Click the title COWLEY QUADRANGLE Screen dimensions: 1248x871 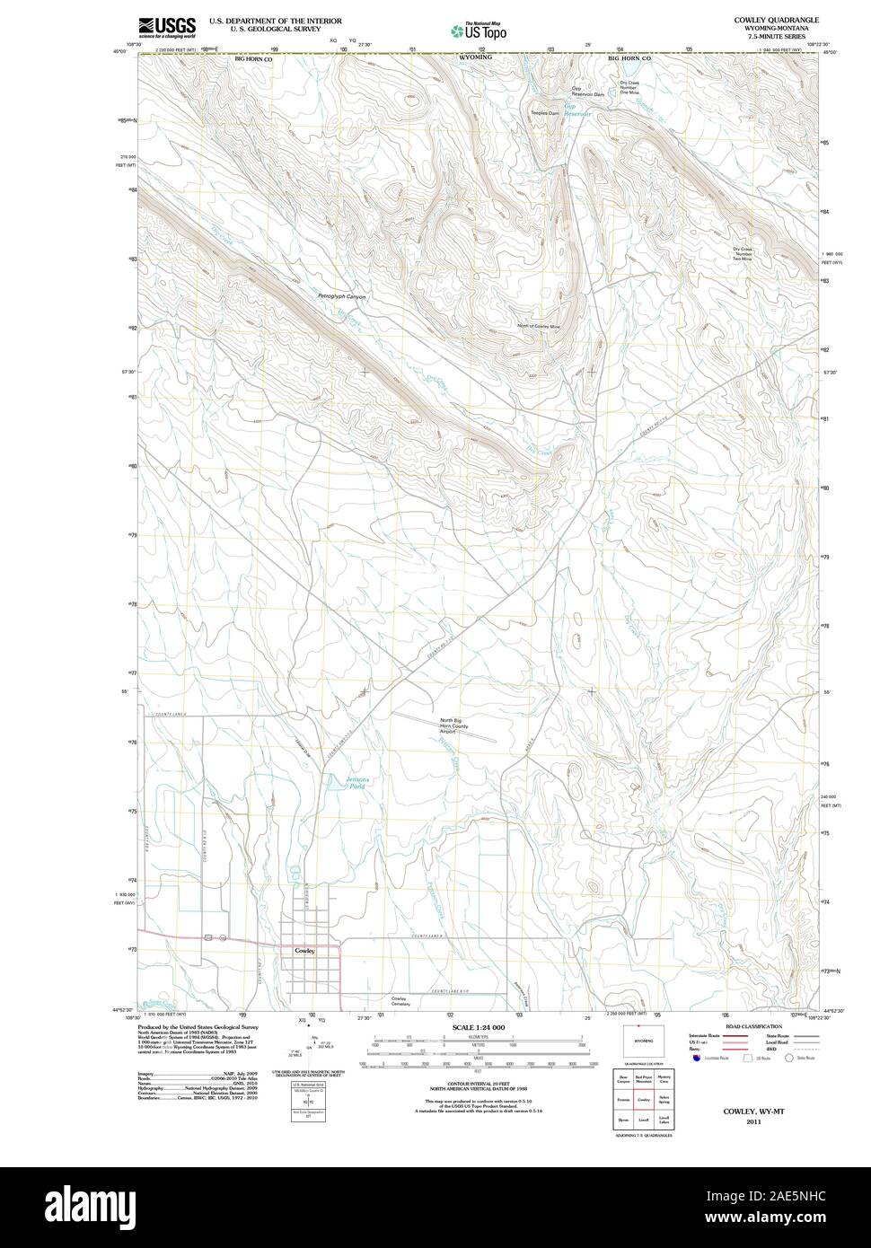[x=776, y=19]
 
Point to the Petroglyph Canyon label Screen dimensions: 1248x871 [x=341, y=296]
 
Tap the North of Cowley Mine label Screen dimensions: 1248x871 [x=539, y=326]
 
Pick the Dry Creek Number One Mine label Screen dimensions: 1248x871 [x=629, y=88]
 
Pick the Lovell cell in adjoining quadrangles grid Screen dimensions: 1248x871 [x=643, y=1121]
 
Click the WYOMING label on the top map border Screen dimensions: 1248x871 [x=475, y=57]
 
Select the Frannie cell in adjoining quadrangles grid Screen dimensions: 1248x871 [x=621, y=1099]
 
